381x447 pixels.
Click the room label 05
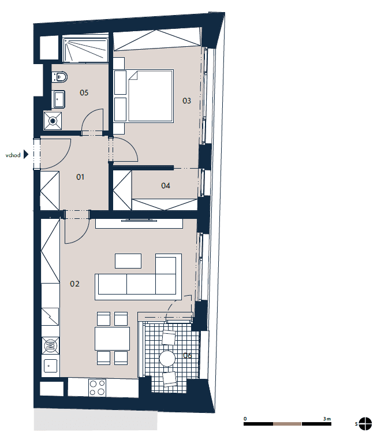point(84,92)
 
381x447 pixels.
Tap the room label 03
point(186,100)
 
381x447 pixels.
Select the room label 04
point(166,186)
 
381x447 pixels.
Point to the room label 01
point(80,177)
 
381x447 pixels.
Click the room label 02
point(74,284)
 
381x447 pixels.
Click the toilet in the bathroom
point(59,77)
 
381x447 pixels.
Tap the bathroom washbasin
point(59,99)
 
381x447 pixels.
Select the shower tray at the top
point(85,50)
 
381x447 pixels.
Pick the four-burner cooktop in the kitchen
point(97,388)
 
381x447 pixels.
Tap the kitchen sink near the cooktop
point(50,366)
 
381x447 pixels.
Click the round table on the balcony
point(167,358)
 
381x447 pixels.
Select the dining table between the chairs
point(112,338)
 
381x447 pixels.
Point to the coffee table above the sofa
point(128,261)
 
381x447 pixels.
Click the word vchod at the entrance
point(13,155)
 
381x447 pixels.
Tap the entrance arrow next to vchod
point(26,155)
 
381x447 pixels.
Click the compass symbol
point(365,424)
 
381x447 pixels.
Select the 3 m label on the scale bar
point(327,419)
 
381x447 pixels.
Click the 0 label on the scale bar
point(245,419)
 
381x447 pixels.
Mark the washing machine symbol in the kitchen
point(51,346)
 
